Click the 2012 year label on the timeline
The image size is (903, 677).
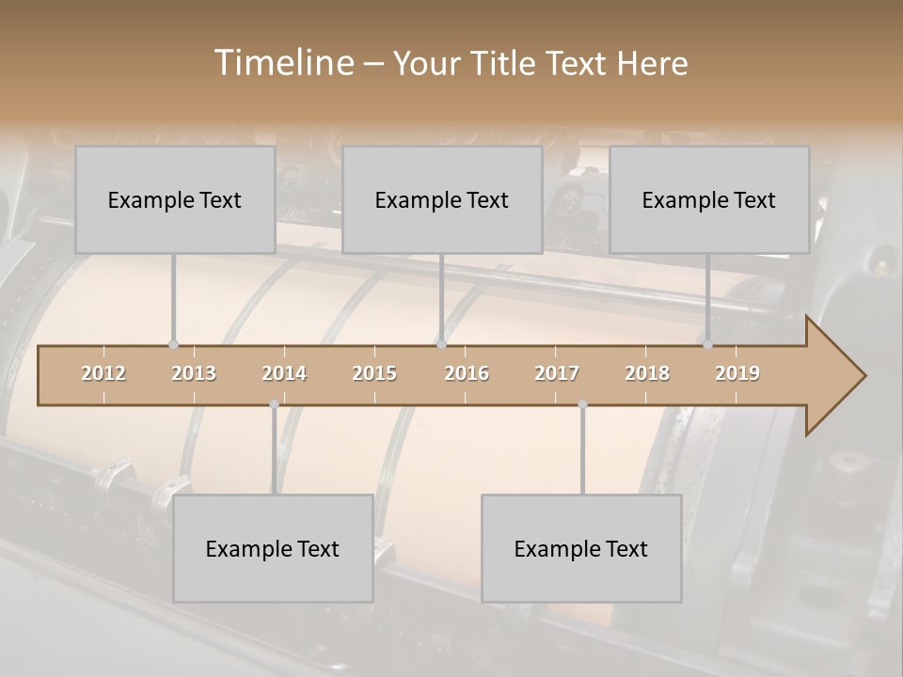tap(103, 373)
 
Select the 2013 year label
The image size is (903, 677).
tap(194, 373)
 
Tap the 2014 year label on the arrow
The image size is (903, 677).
tap(284, 373)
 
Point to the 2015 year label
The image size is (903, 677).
tap(374, 373)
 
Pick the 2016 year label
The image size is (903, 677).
tap(467, 373)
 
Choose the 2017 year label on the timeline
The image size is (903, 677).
tap(557, 373)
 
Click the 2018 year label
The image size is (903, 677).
tap(647, 373)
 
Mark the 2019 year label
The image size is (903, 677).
tap(737, 373)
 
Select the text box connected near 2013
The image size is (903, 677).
tap(175, 199)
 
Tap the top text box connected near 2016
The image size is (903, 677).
tap(442, 199)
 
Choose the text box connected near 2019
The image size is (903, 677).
tap(709, 199)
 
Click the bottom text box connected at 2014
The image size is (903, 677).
tap(273, 548)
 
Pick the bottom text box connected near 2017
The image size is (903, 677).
tap(581, 548)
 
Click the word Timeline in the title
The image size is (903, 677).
tap(282, 63)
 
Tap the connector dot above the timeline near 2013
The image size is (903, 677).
tap(173, 345)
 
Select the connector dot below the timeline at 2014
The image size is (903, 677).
tap(274, 404)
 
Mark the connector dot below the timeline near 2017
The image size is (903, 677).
tap(582, 404)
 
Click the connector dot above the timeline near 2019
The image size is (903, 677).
tap(707, 345)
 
